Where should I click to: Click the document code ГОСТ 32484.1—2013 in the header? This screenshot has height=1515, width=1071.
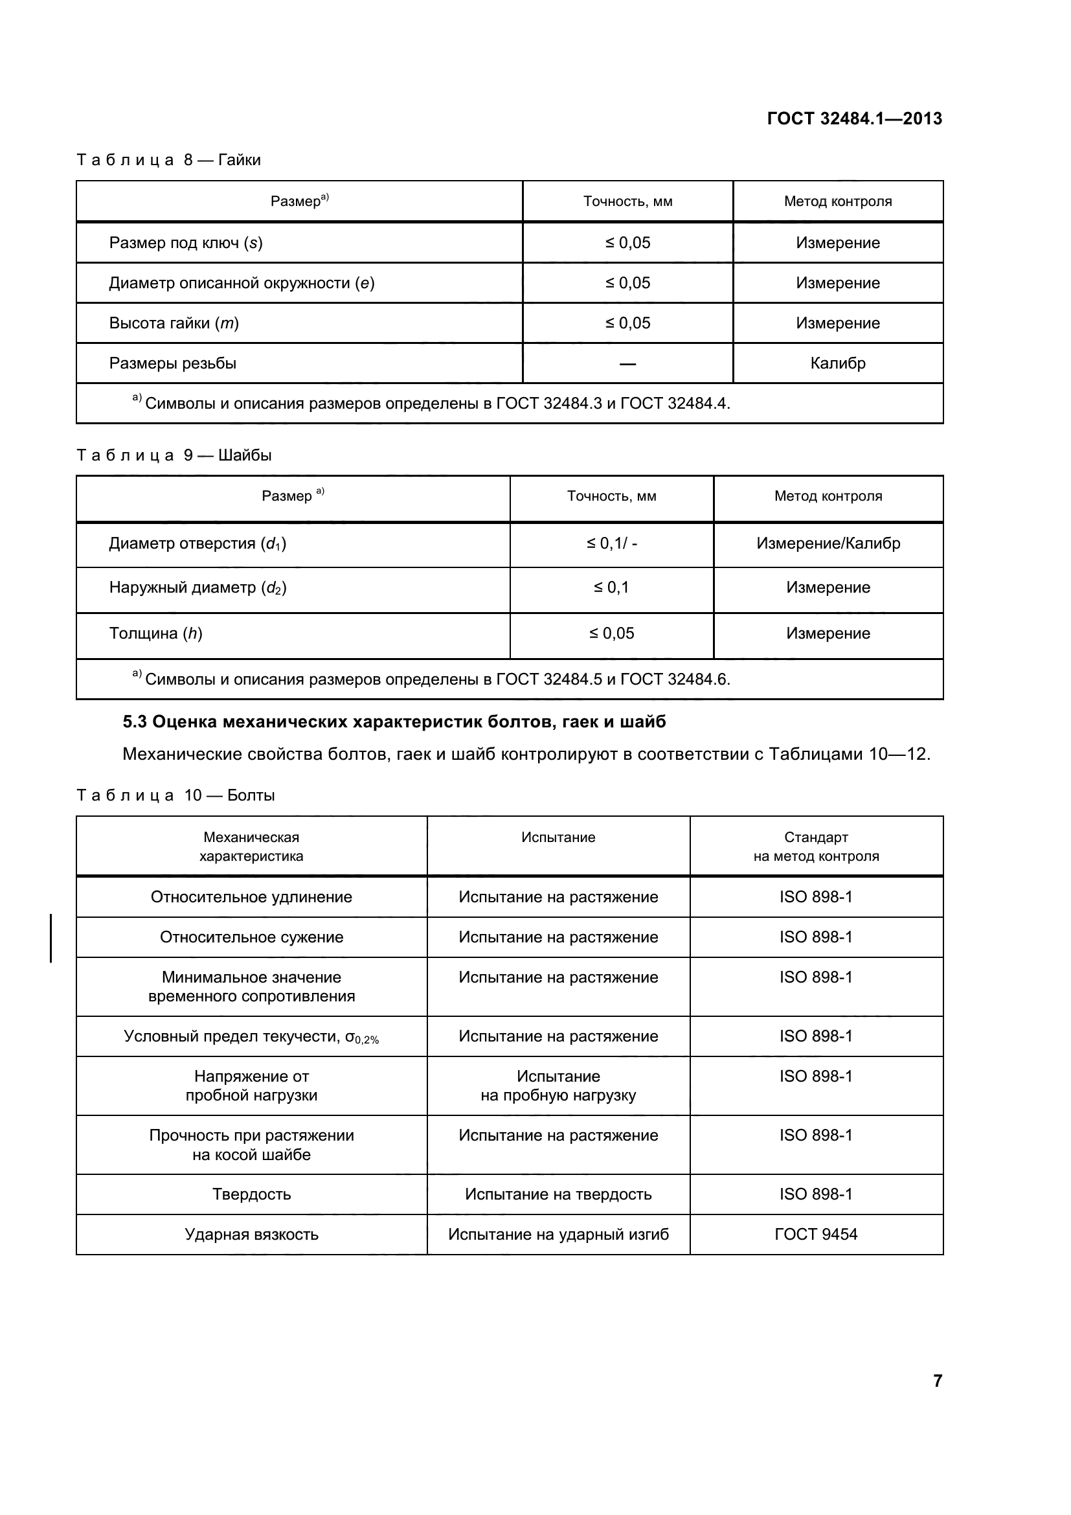pyautogui.click(x=854, y=119)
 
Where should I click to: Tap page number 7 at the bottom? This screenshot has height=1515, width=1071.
pyautogui.click(x=937, y=1380)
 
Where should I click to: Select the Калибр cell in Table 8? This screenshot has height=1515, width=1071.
pyautogui.click(x=837, y=363)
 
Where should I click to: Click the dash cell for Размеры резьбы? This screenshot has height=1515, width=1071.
pyautogui.click(x=627, y=364)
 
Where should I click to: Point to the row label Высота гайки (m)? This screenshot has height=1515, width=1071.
pyautogui.click(x=174, y=323)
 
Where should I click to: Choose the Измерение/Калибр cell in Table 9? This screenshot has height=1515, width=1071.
pyautogui.click(x=828, y=543)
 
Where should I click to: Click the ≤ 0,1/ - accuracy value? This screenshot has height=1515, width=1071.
pyautogui.click(x=611, y=543)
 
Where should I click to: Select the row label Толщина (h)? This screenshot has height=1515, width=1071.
pyautogui.click(x=155, y=633)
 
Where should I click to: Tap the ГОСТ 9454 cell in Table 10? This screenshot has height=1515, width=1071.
pyautogui.click(x=815, y=1235)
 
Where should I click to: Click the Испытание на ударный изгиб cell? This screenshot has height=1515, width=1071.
pyautogui.click(x=558, y=1235)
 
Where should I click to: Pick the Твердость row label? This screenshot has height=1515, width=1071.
pyautogui.click(x=251, y=1194)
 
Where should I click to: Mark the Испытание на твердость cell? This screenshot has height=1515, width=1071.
pyautogui.click(x=558, y=1194)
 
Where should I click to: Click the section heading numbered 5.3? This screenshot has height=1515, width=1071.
pyautogui.click(x=394, y=722)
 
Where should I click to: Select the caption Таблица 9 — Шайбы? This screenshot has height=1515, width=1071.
pyautogui.click(x=174, y=455)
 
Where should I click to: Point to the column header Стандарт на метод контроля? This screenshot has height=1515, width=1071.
pyautogui.click(x=816, y=847)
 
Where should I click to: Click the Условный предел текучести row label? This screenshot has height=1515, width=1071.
pyautogui.click(x=251, y=1036)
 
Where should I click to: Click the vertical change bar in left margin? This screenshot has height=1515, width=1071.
pyautogui.click(x=51, y=938)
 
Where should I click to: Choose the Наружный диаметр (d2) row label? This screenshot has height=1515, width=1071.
pyautogui.click(x=197, y=588)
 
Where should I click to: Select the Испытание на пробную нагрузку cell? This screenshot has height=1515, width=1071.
pyautogui.click(x=558, y=1086)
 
